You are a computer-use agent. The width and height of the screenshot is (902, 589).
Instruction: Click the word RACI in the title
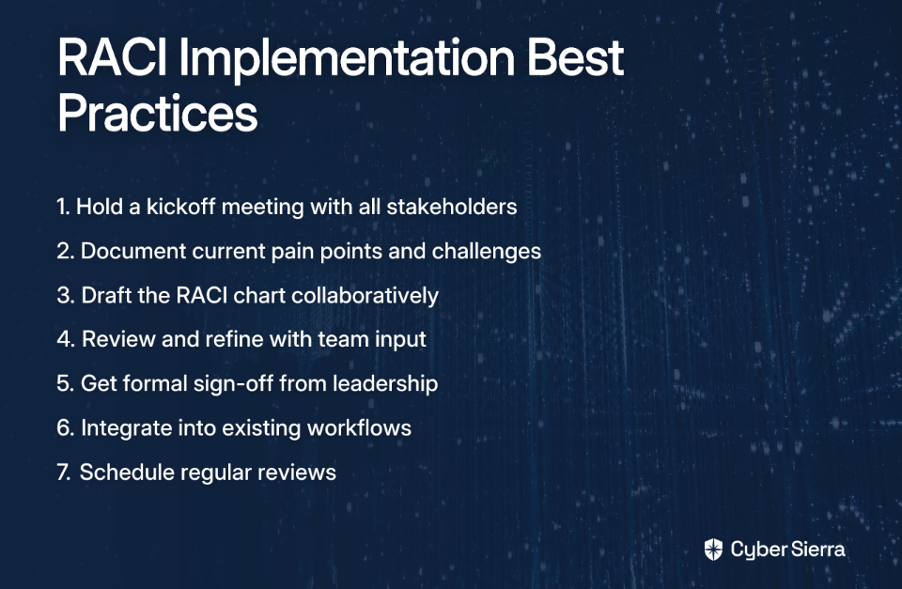(x=112, y=57)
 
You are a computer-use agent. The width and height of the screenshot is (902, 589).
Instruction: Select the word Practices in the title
(x=158, y=113)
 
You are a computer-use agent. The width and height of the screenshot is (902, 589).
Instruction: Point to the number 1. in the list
(x=63, y=207)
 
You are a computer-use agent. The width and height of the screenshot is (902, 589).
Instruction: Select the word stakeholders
(x=452, y=207)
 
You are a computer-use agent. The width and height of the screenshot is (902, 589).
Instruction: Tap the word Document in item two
(x=133, y=251)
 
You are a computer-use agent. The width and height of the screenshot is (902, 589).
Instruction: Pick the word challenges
(x=486, y=252)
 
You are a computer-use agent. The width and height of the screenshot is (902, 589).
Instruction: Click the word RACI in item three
(x=201, y=295)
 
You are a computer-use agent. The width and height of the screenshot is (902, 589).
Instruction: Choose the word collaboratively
(x=365, y=296)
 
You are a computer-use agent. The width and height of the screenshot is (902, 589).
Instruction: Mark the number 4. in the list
(x=66, y=339)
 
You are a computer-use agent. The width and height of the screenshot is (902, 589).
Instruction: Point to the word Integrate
(x=126, y=428)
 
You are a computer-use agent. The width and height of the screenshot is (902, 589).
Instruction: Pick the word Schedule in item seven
(x=127, y=473)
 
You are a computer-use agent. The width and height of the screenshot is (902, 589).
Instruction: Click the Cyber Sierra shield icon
(x=713, y=550)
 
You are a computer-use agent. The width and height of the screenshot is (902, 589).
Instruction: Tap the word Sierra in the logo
(x=816, y=550)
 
